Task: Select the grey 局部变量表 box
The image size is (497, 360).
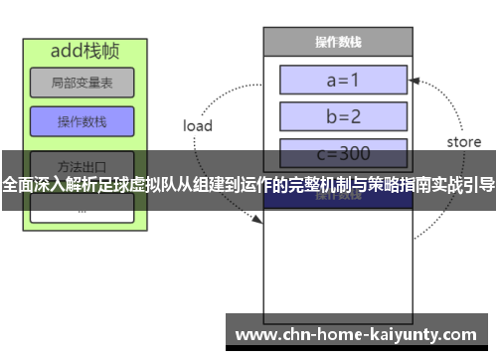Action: tap(82, 84)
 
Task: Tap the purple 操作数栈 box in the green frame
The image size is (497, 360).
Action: tap(82, 121)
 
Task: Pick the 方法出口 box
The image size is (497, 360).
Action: tap(82, 163)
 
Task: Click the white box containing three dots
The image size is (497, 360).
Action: tap(82, 210)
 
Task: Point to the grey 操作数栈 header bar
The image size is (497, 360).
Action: tap(337, 43)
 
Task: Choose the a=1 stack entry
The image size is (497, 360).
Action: tap(344, 80)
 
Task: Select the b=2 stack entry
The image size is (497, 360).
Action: tap(344, 116)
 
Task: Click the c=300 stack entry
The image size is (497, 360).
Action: tap(344, 153)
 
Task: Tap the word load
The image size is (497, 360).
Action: tap(198, 126)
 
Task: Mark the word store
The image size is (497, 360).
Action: tap(463, 142)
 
